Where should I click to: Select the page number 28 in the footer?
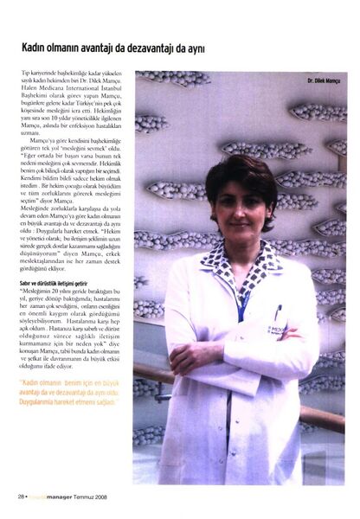[x=20, y=497]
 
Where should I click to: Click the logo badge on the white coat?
[x=277, y=329]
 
